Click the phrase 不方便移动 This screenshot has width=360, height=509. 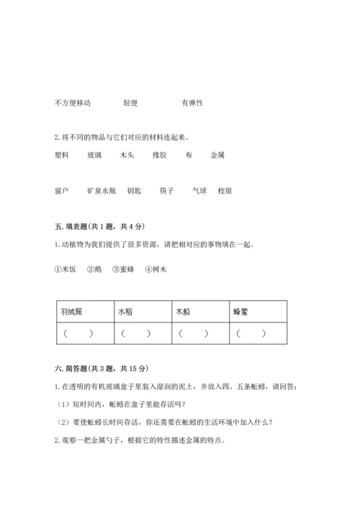72,103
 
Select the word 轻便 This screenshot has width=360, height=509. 130,103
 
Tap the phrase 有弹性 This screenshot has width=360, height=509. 192,103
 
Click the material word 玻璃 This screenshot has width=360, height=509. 94,155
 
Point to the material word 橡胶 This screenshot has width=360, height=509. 160,155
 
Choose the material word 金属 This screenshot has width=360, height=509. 218,155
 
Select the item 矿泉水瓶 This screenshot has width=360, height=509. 102,192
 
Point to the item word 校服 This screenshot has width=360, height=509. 225,192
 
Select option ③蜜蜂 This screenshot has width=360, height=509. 125,270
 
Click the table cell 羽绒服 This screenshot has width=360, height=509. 74,313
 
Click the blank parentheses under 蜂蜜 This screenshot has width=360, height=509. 251,333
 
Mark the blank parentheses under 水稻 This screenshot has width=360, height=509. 135,333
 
